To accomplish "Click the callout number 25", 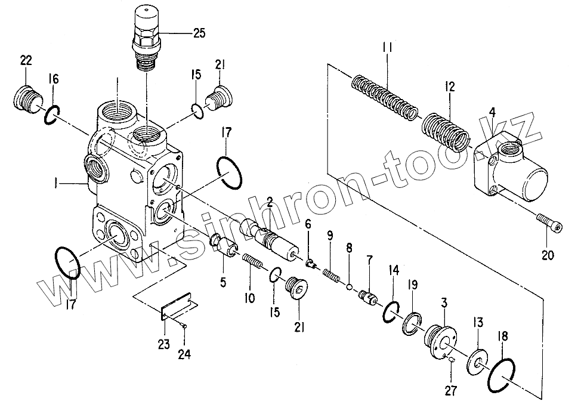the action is click(x=199, y=33).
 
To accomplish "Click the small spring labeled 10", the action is click(x=254, y=262).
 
